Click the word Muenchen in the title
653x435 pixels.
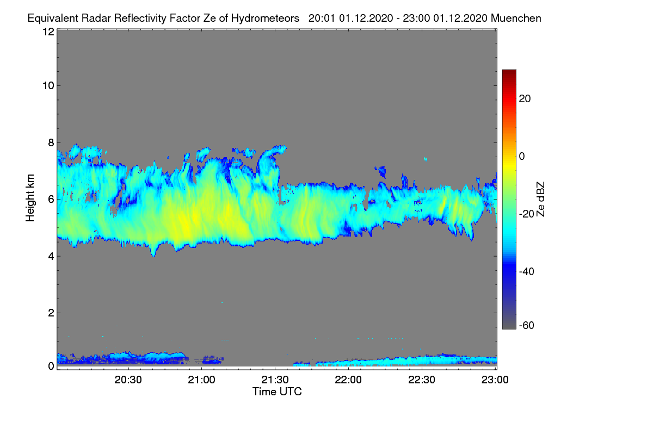(516, 18)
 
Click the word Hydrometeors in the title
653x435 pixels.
(265, 18)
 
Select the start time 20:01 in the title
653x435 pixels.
(322, 18)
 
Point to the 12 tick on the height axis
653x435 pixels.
(48, 32)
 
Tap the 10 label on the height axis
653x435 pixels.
(48, 85)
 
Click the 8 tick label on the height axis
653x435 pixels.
(52, 142)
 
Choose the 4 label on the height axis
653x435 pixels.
(52, 256)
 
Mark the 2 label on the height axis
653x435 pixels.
(52, 313)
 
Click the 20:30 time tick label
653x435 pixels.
(128, 380)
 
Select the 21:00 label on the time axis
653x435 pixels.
(201, 380)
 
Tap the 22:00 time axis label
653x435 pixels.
(348, 380)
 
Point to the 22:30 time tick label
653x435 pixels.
(422, 380)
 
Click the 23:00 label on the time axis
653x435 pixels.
(495, 380)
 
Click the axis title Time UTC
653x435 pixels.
(277, 391)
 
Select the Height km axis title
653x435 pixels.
(30, 198)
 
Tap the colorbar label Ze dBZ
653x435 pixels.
(540, 200)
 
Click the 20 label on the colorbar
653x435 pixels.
(525, 99)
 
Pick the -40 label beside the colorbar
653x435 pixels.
(527, 271)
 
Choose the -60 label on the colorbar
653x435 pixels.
(527, 326)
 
